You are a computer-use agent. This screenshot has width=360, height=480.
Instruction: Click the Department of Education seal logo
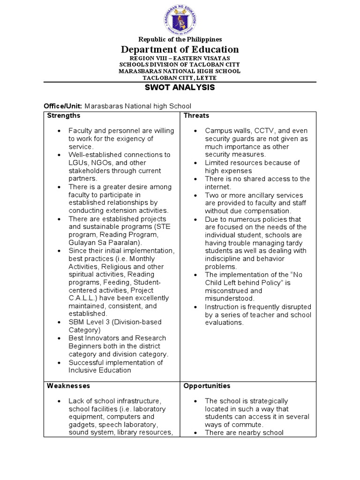click(x=180, y=19)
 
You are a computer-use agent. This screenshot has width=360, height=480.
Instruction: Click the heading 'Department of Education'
click(x=180, y=49)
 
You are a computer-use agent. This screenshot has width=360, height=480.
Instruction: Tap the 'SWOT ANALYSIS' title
click(x=180, y=88)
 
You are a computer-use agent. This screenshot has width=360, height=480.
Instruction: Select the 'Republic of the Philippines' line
click(x=180, y=39)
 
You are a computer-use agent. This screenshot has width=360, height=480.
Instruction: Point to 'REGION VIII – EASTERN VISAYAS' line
click(x=180, y=58)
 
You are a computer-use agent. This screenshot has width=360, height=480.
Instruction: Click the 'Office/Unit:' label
click(x=63, y=106)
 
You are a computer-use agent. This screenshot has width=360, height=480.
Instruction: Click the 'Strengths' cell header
click(x=63, y=116)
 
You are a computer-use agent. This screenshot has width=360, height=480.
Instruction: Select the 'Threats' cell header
click(x=196, y=116)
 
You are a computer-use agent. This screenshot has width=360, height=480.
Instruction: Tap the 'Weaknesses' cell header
click(x=68, y=386)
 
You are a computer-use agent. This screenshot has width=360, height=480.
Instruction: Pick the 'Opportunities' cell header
click(x=207, y=386)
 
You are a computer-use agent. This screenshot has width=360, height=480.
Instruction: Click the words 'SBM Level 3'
click(x=88, y=322)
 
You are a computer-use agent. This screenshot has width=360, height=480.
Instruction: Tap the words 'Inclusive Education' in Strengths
click(x=100, y=370)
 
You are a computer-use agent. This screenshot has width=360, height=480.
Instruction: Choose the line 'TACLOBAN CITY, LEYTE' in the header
click(x=180, y=77)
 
